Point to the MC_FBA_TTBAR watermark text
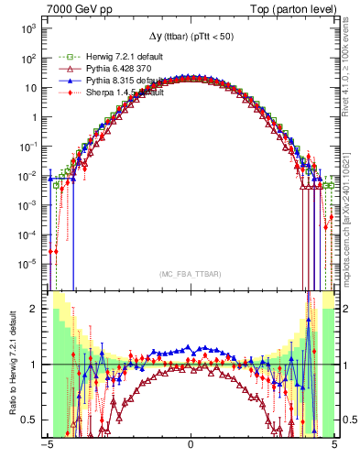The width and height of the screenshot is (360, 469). click(x=191, y=274)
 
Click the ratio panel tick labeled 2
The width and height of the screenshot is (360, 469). click(x=37, y=309)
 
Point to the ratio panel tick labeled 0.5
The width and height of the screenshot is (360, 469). click(x=32, y=420)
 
